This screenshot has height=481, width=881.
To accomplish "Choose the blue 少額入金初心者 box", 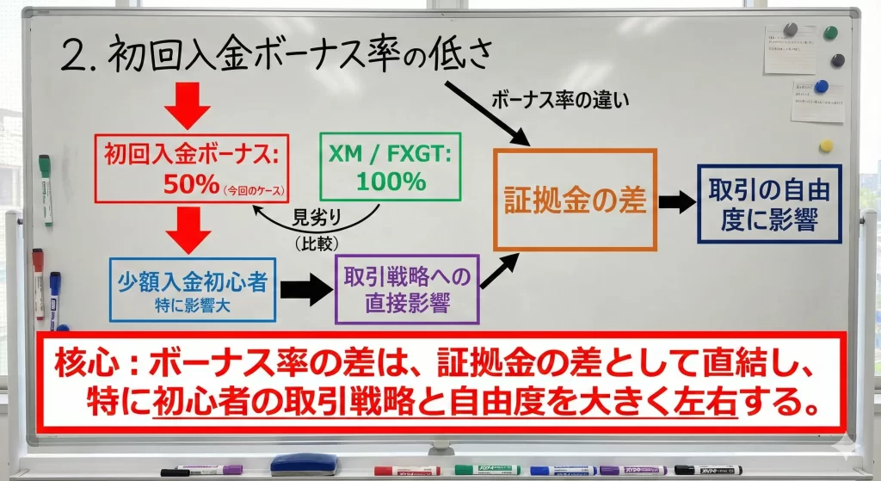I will click(x=193, y=289).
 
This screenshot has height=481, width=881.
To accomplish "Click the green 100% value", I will click(x=388, y=182).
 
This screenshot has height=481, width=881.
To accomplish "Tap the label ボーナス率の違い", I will click(x=560, y=99).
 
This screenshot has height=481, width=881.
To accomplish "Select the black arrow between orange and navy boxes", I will click(x=676, y=203).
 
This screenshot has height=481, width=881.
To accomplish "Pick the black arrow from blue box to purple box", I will click(x=305, y=290).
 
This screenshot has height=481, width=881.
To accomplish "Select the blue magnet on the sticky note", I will click(x=821, y=86).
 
